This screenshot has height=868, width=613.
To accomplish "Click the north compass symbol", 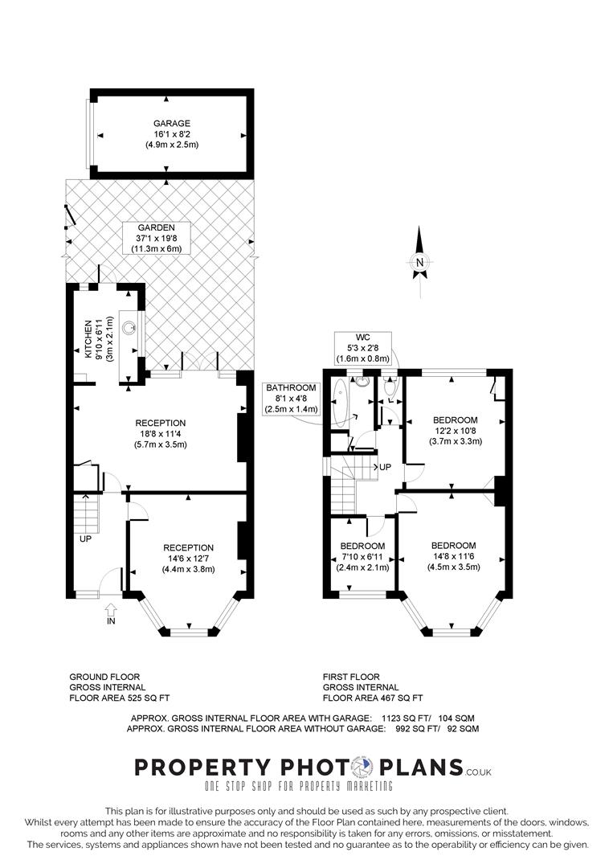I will (x=419, y=260).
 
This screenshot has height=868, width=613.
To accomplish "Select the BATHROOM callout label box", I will (x=292, y=399).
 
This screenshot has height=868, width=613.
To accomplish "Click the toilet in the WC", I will (x=390, y=388).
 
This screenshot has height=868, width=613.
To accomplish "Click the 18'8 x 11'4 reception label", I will (x=161, y=435).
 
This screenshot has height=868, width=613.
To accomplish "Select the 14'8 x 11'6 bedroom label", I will (x=453, y=555).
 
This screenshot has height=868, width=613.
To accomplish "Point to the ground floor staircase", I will (x=86, y=513).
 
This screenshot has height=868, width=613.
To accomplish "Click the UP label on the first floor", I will (x=385, y=467).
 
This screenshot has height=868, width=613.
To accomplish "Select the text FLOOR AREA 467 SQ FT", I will (x=373, y=698).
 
